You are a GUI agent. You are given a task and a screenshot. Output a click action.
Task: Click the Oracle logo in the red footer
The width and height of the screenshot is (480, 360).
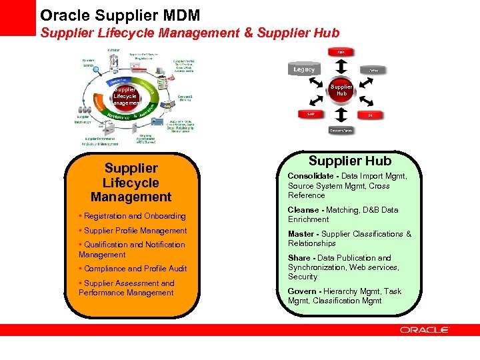pyautogui.click(x=425, y=329)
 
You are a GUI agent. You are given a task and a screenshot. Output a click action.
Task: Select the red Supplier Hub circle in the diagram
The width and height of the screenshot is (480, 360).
pyautogui.click(x=341, y=90)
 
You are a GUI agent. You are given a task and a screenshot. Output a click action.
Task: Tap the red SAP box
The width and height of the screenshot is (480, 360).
pyautogui.click(x=311, y=114)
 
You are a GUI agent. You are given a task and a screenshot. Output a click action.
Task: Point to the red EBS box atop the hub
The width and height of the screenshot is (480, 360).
pyautogui.click(x=341, y=52)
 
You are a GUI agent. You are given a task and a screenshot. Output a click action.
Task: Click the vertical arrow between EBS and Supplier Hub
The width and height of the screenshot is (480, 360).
pyautogui.click(x=341, y=67)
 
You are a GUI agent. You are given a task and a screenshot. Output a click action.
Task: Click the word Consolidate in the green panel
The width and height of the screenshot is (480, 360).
pyautogui.click(x=311, y=176)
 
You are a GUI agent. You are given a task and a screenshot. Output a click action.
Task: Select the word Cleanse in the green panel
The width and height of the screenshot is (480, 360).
pyautogui.click(x=303, y=210)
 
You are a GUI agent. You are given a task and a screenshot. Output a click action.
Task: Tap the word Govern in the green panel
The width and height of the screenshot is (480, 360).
pyautogui.click(x=302, y=291)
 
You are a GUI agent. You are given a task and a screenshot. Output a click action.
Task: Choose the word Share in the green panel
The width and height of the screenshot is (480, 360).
pyautogui.click(x=300, y=258)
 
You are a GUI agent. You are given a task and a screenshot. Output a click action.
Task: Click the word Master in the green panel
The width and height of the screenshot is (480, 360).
pyautogui.click(x=302, y=234)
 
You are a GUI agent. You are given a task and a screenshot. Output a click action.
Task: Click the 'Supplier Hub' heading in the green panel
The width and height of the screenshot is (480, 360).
pyautogui.click(x=350, y=161)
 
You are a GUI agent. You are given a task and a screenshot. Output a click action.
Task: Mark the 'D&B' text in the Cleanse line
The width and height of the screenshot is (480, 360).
pyautogui.click(x=371, y=210)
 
